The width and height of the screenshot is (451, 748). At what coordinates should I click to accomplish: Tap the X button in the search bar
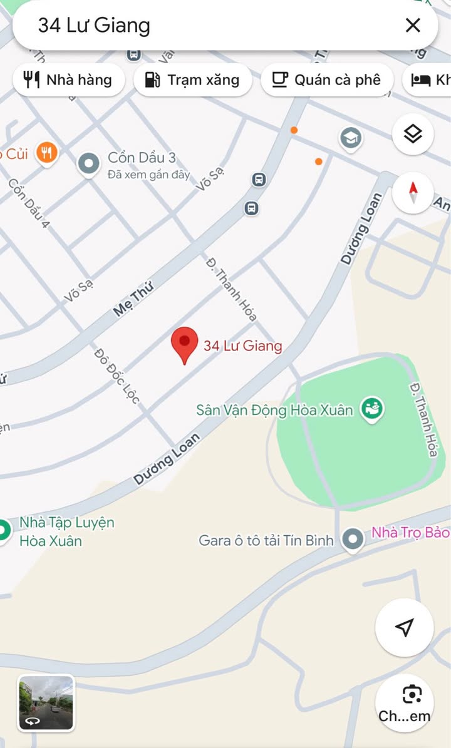pos(413,25)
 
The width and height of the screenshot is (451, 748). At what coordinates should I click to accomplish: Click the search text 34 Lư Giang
pos(94,25)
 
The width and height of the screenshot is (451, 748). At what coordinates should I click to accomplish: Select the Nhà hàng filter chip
pos(68,79)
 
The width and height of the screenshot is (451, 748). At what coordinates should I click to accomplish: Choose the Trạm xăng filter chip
pos(193,79)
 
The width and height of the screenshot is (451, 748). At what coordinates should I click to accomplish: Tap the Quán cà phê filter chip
pos(326,79)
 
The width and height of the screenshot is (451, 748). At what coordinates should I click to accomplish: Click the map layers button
pos(413,133)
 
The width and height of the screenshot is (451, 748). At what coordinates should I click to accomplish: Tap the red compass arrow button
pos(413,191)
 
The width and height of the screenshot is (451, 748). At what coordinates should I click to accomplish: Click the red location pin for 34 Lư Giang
pos(184,343)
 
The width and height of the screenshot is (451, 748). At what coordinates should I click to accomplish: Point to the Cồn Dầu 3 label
pos(142,157)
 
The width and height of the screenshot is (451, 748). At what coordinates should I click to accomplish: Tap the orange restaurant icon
pos(46,152)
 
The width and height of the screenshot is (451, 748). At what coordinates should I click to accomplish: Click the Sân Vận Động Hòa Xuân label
pos(274,411)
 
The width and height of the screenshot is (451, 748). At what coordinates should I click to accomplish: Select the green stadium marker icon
pos(373,409)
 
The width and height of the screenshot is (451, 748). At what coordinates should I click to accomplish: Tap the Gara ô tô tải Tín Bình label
pos(266,540)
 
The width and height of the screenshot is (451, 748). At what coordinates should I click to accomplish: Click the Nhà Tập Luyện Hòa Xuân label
pos(66,531)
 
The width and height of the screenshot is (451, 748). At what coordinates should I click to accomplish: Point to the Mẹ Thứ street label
pos(133,297)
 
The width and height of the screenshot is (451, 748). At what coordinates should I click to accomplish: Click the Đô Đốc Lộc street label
pos(117,376)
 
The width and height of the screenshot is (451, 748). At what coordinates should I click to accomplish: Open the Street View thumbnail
pos(46,703)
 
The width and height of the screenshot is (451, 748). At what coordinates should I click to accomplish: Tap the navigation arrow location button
pos(404,627)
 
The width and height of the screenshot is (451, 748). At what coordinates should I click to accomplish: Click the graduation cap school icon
pos(350,138)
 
